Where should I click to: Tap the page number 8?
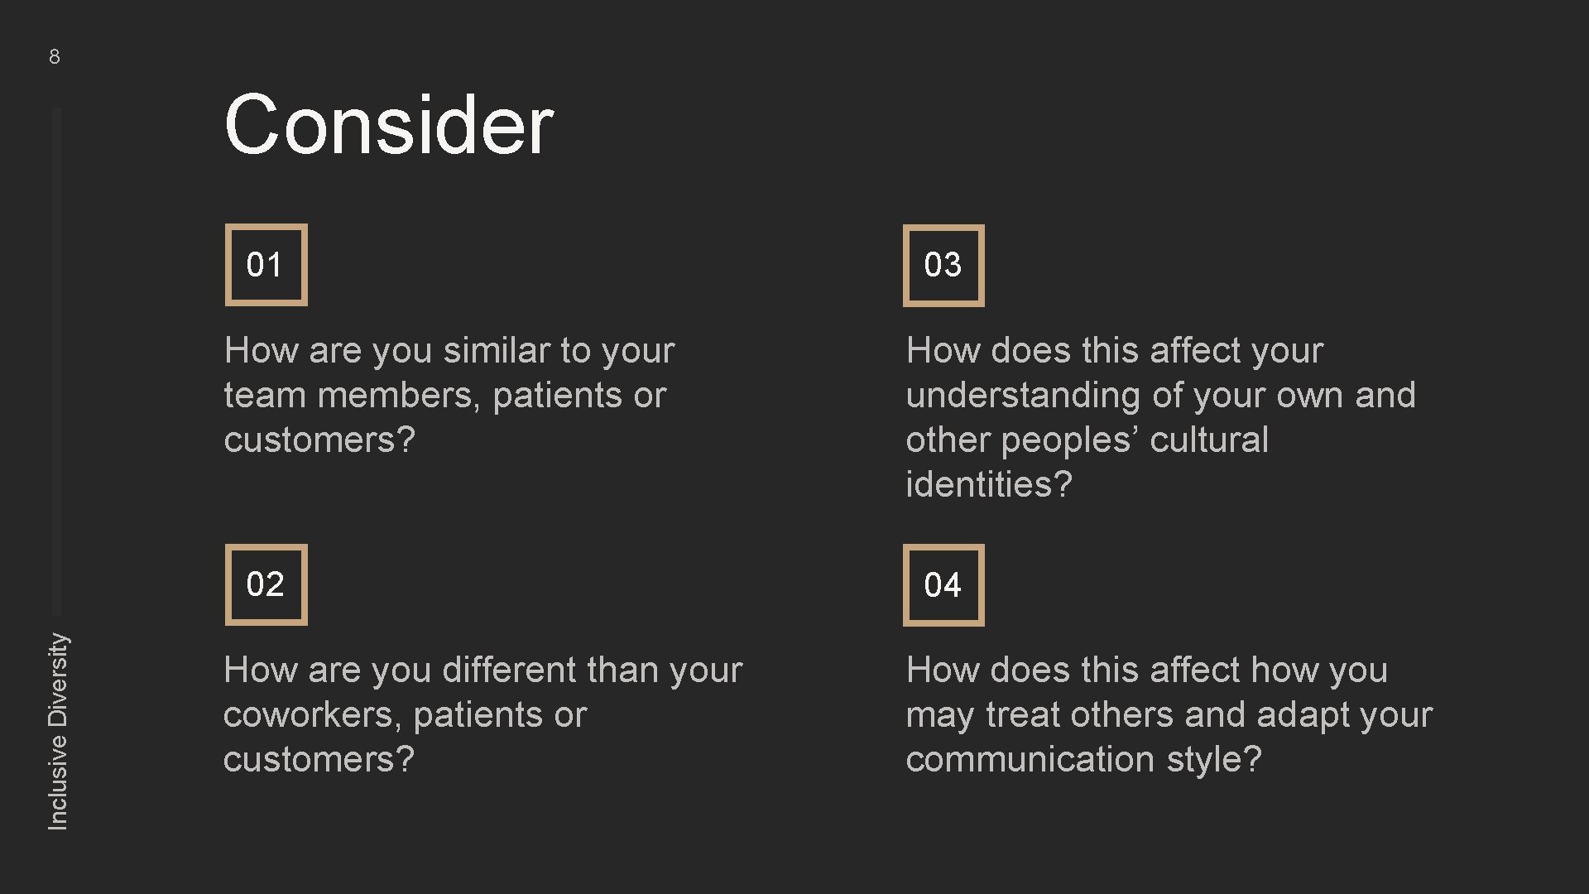[55, 56]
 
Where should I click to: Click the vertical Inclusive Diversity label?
[58, 731]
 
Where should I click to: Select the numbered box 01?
[266, 265]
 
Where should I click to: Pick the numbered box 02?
[266, 584]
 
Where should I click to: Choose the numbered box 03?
[943, 265]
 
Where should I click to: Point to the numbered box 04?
[943, 585]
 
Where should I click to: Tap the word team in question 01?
[265, 395]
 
